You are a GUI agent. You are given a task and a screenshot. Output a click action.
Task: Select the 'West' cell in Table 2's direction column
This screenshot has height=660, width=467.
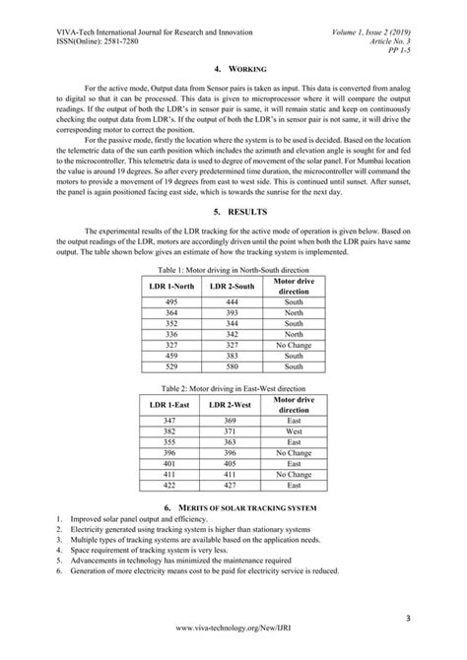[294, 431]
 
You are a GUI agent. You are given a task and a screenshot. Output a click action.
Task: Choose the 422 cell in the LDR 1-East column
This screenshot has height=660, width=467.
[171, 486]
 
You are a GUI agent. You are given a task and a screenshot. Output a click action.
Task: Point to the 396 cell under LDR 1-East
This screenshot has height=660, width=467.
[171, 453]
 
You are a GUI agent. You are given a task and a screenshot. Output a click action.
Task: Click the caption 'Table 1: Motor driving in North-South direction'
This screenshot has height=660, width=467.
[233, 268]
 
